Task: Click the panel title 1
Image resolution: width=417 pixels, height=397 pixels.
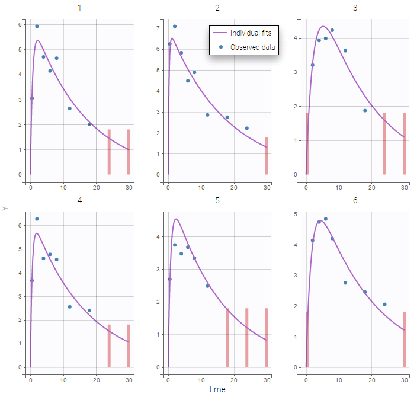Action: point(79,8)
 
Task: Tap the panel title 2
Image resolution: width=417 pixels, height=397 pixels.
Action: point(217,8)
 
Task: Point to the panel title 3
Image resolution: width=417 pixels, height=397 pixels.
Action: point(355,8)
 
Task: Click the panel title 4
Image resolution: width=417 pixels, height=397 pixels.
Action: point(79,200)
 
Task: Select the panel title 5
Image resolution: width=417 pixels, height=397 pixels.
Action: point(217,200)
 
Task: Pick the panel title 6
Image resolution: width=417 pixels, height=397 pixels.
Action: point(355,200)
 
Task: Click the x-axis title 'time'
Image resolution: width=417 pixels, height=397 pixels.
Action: point(217,389)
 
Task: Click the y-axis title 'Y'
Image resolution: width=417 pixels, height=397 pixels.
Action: point(5,209)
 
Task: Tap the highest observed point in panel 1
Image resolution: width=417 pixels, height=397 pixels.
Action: point(37,27)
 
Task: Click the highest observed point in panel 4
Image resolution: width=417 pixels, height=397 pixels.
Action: point(37,219)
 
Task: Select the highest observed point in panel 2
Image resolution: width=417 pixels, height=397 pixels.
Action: point(175,27)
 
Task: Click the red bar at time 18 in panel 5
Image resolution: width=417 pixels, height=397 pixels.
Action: point(227,337)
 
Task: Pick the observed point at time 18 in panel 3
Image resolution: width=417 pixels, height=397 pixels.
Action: point(365,111)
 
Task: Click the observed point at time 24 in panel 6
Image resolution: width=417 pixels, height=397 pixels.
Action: point(384,305)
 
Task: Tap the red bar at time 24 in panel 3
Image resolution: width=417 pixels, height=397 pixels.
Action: point(384,143)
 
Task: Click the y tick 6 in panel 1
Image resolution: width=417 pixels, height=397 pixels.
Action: point(20,25)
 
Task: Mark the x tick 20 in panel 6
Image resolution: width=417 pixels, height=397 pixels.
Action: point(372,379)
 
